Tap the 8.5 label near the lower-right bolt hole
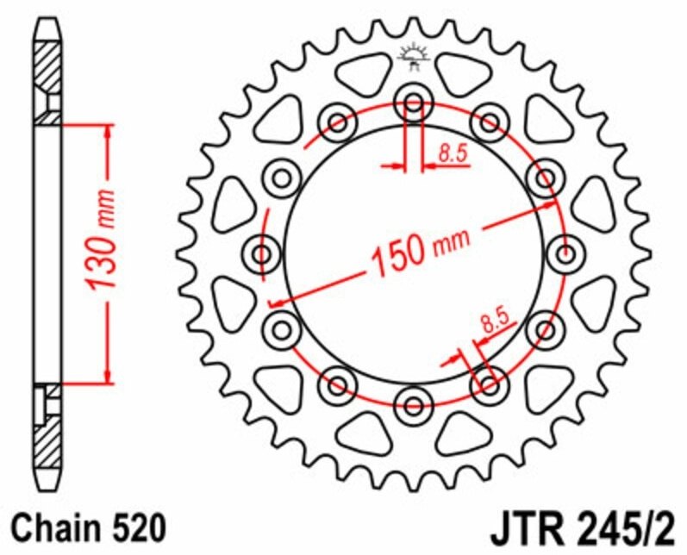tap(494, 325)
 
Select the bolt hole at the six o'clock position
tap(414, 402)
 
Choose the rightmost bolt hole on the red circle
tap(565, 253)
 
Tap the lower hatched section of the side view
tap(47, 435)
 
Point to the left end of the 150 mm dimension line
tap(272, 303)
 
